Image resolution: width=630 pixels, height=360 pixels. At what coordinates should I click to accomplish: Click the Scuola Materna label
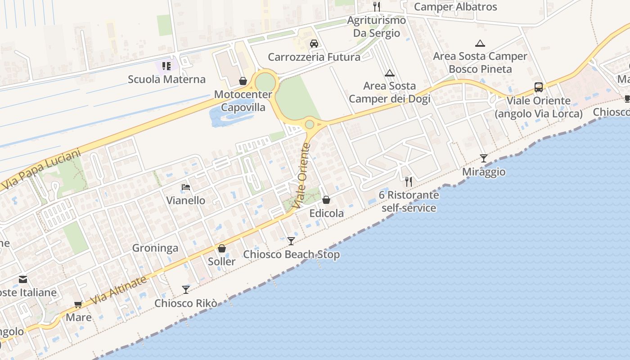(166, 79)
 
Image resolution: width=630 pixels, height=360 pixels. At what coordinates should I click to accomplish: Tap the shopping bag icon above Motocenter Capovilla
(243, 81)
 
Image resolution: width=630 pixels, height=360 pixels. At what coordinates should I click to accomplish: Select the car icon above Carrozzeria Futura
(314, 44)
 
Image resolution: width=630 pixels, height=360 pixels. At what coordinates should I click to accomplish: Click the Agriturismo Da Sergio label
(376, 27)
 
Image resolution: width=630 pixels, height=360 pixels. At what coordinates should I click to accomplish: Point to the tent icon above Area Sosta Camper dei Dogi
(390, 73)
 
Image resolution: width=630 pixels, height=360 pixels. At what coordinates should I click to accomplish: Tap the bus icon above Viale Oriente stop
(539, 87)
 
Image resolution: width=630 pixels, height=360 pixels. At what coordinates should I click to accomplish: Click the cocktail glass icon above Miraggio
(484, 158)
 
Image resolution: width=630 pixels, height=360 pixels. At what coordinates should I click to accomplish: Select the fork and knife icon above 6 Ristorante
(409, 181)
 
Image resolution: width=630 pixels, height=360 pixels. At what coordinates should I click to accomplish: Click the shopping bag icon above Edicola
(326, 200)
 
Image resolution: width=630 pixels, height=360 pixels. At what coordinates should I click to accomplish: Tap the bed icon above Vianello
(186, 187)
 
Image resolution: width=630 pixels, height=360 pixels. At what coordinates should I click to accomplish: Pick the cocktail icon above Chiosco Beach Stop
(291, 241)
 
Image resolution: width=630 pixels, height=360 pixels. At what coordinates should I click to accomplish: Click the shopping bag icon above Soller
(222, 248)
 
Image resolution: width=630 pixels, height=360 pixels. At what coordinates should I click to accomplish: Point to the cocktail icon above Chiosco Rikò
(186, 289)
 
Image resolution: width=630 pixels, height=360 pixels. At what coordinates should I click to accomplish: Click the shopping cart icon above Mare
(78, 305)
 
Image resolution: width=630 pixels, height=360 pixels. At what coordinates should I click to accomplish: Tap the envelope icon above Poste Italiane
(23, 279)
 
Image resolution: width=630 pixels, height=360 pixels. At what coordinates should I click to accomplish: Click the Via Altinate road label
(119, 290)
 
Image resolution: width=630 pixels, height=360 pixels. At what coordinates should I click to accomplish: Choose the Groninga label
(155, 248)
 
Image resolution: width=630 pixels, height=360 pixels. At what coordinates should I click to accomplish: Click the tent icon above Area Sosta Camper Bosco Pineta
(480, 44)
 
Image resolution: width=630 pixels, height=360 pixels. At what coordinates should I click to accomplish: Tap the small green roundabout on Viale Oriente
(309, 124)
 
